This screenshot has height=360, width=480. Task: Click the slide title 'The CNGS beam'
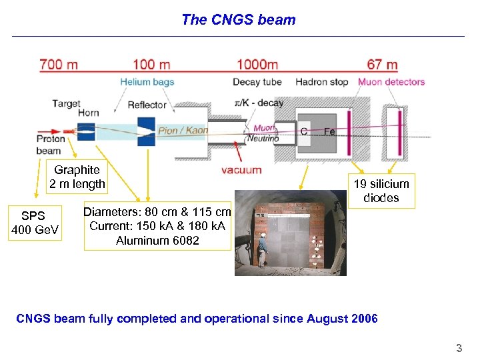[238, 19]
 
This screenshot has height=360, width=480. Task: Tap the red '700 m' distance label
[59, 65]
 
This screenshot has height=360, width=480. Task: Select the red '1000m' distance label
[257, 65]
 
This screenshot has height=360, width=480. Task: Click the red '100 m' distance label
[153, 65]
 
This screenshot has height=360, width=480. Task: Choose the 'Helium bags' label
[147, 82]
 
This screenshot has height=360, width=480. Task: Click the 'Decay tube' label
[257, 82]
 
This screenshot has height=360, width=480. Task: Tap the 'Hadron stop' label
[322, 82]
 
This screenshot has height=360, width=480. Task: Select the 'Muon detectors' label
[391, 82]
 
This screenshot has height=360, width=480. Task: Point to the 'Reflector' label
[147, 105]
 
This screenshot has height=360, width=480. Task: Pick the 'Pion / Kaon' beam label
[183, 131]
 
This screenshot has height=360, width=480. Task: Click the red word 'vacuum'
[241, 170]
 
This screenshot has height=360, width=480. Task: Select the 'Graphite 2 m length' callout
[77, 177]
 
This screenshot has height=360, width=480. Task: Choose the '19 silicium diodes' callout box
[381, 191]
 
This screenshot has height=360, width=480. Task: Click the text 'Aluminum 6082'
[157, 241]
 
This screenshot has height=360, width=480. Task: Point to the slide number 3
[458, 347]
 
